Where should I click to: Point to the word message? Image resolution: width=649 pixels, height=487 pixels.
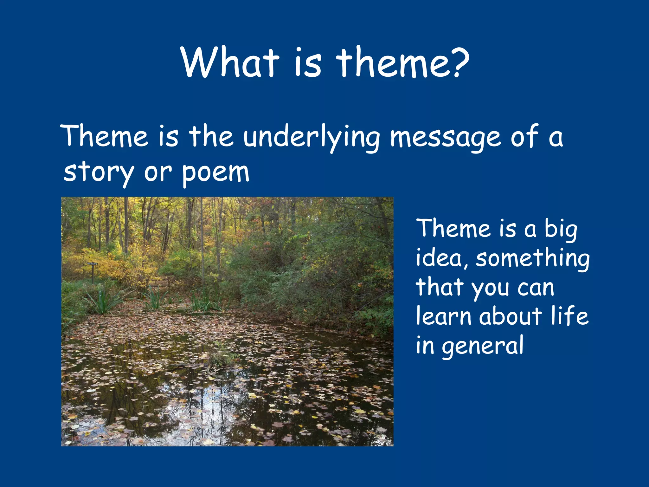point(445,138)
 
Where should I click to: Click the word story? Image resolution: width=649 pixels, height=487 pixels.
point(99,173)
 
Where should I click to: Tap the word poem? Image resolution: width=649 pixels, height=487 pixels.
point(215,173)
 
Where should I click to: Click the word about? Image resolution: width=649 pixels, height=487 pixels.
point(511,316)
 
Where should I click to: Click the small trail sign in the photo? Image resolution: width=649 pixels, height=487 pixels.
point(92,264)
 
